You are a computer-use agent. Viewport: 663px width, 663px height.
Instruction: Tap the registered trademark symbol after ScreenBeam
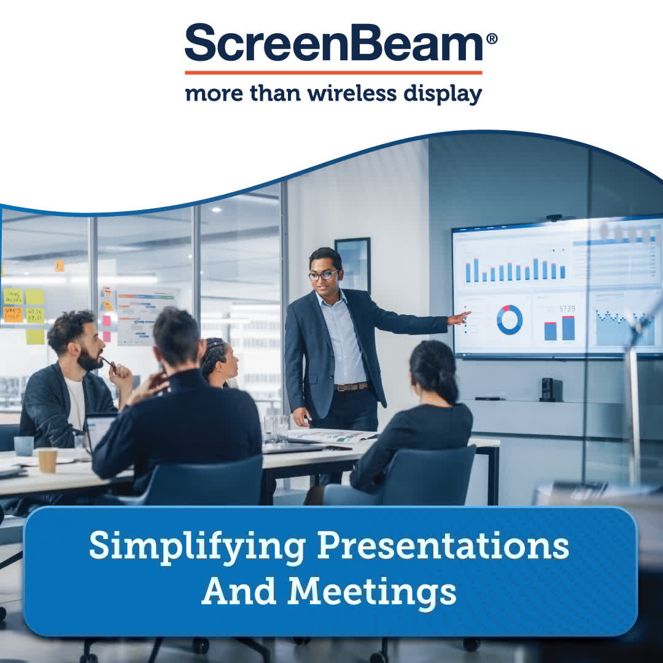tap(491, 38)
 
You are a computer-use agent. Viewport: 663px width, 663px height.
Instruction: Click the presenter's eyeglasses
tap(323, 276)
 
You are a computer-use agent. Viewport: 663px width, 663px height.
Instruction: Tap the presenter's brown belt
tap(351, 387)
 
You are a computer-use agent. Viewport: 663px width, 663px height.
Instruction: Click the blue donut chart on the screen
tap(510, 320)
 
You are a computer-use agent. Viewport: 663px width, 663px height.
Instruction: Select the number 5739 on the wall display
tap(567, 308)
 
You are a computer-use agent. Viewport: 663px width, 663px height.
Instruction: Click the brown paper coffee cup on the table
tap(47, 460)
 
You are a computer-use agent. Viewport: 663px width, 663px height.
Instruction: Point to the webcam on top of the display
tap(554, 217)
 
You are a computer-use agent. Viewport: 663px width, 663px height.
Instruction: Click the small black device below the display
tap(548, 389)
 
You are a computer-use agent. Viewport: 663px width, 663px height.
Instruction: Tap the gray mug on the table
tap(24, 446)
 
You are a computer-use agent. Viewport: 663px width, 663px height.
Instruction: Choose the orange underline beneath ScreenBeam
tap(333, 72)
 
